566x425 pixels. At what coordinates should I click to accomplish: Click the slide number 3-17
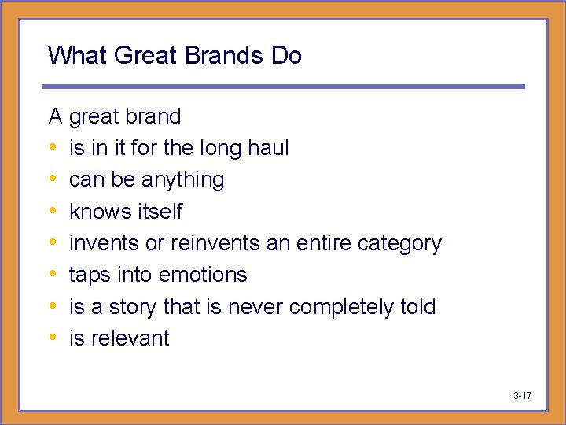coord(522,395)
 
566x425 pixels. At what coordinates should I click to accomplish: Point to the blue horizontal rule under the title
coord(283,87)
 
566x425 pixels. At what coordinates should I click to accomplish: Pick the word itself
coord(160,212)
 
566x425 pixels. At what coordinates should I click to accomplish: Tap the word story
coord(127,306)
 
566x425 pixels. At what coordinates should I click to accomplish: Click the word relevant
coord(130,338)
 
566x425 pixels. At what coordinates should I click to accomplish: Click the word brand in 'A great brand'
coord(153,116)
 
